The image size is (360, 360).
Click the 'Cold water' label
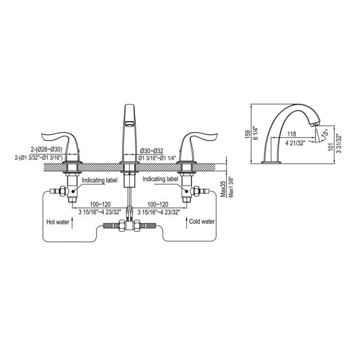pos(202,221)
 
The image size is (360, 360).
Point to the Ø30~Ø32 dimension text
pos(152,151)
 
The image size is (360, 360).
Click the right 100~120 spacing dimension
pos(158,204)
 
